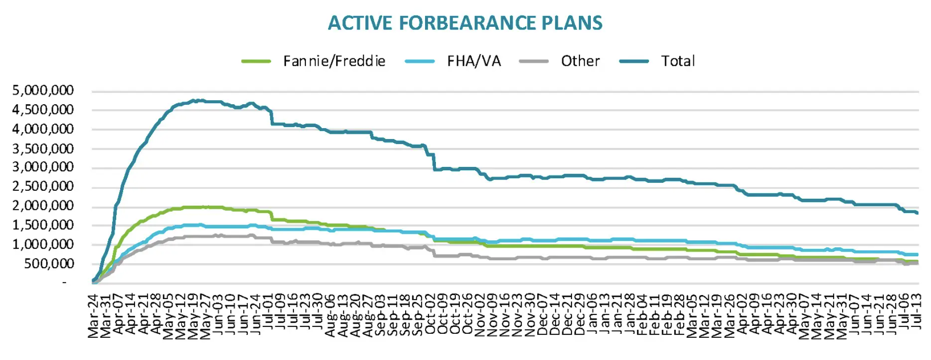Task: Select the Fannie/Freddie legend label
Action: [334, 61]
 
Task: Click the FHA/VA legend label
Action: [473, 61]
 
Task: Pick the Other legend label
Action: [580, 61]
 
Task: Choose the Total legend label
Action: [677, 61]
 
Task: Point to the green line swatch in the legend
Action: [256, 61]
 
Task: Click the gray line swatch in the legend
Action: [534, 61]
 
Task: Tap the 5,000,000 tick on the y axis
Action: [43, 91]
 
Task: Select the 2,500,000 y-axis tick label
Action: [43, 186]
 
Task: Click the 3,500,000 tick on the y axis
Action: [43, 148]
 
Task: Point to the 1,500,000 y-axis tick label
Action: [43, 225]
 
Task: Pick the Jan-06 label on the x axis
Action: [593, 315]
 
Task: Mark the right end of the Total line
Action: [917, 213]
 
